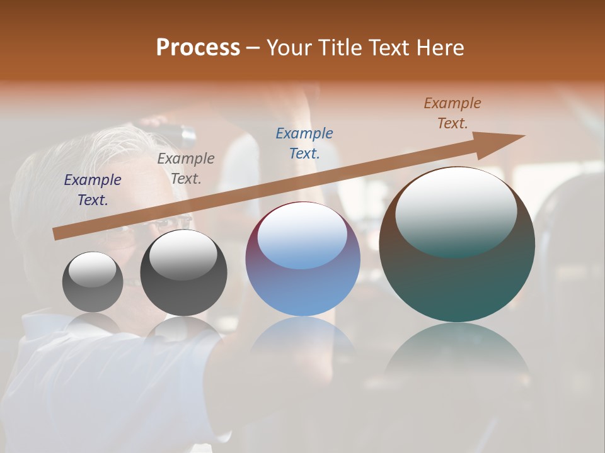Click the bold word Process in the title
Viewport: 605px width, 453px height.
click(x=198, y=48)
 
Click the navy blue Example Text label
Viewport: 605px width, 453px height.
click(x=93, y=190)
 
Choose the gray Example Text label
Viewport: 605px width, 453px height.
click(x=186, y=169)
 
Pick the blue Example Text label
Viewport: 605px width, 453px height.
click(x=304, y=143)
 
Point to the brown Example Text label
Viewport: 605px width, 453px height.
click(x=452, y=113)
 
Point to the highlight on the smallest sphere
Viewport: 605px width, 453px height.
click(x=93, y=269)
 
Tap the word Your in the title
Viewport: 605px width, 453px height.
click(x=289, y=48)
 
